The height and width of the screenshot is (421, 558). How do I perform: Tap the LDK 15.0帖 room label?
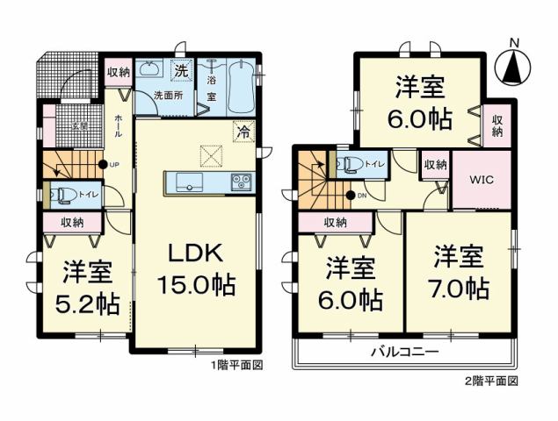click(x=196, y=269)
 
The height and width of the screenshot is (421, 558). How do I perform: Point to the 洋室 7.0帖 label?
click(x=458, y=273)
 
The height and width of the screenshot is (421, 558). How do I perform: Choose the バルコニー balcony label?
click(x=403, y=352)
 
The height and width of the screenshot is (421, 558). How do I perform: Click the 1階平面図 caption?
click(x=236, y=364)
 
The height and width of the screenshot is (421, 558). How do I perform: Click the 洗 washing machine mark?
click(x=180, y=70)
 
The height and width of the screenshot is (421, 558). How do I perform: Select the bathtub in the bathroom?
click(x=240, y=86)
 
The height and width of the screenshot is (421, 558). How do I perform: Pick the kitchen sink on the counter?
click(x=189, y=182)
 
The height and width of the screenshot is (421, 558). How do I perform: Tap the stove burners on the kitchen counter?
click(x=241, y=182)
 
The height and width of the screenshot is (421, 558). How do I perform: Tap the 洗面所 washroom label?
click(x=168, y=95)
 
